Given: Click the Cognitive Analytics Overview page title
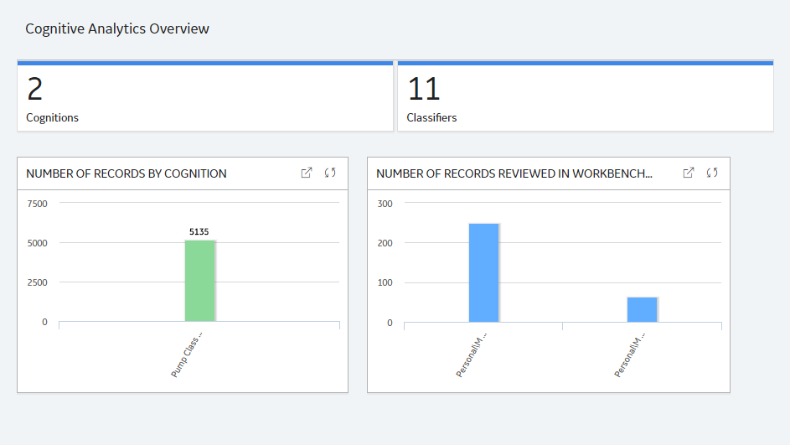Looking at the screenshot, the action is pos(117,28).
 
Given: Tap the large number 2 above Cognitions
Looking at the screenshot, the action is pos(34,89).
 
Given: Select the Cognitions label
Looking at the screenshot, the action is pos(53,117).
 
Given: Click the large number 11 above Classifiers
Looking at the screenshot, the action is pos(424,89).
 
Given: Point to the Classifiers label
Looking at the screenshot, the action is pos(431,117).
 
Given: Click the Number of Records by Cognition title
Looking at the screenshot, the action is pos(127,173).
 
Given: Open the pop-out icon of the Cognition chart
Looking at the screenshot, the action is pos(307,173).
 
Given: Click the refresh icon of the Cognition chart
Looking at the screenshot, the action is pos(330,173).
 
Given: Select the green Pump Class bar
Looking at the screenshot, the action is pos(200,281).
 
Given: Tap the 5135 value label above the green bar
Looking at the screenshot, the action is pos(199,232).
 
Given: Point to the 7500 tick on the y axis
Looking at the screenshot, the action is pos(38,204).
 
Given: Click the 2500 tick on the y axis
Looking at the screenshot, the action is pos(38,282).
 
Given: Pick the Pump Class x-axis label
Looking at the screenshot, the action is pos(187,354).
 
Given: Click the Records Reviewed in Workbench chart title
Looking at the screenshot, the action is pos(514,173).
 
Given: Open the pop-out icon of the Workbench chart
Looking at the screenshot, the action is pos(689,173).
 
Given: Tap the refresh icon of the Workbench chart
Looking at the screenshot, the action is pos(712,173).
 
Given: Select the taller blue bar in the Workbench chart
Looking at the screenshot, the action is pos(484,272).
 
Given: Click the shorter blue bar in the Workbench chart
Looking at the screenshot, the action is pos(643,309).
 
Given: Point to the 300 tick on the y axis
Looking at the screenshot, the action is pos(385,204).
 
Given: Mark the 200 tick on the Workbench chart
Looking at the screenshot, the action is pos(385,243).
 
